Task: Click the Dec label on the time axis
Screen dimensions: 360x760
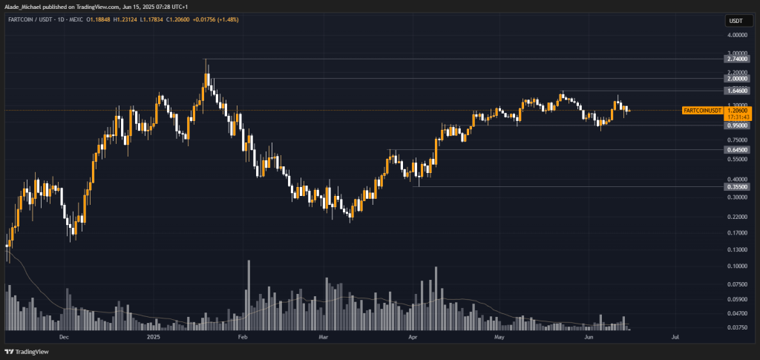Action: point(64,336)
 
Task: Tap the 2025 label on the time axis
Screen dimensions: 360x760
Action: point(153,336)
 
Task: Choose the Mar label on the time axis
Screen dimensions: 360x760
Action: point(324,336)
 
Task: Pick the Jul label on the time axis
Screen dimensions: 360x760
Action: point(675,336)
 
